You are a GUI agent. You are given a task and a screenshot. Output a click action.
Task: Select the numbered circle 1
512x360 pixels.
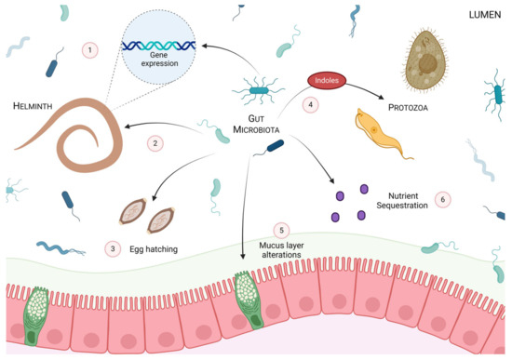click(88, 48)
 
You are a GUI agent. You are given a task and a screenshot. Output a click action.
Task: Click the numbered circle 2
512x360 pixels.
click(155, 143)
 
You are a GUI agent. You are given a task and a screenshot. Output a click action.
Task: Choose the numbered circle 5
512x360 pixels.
click(281, 229)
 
